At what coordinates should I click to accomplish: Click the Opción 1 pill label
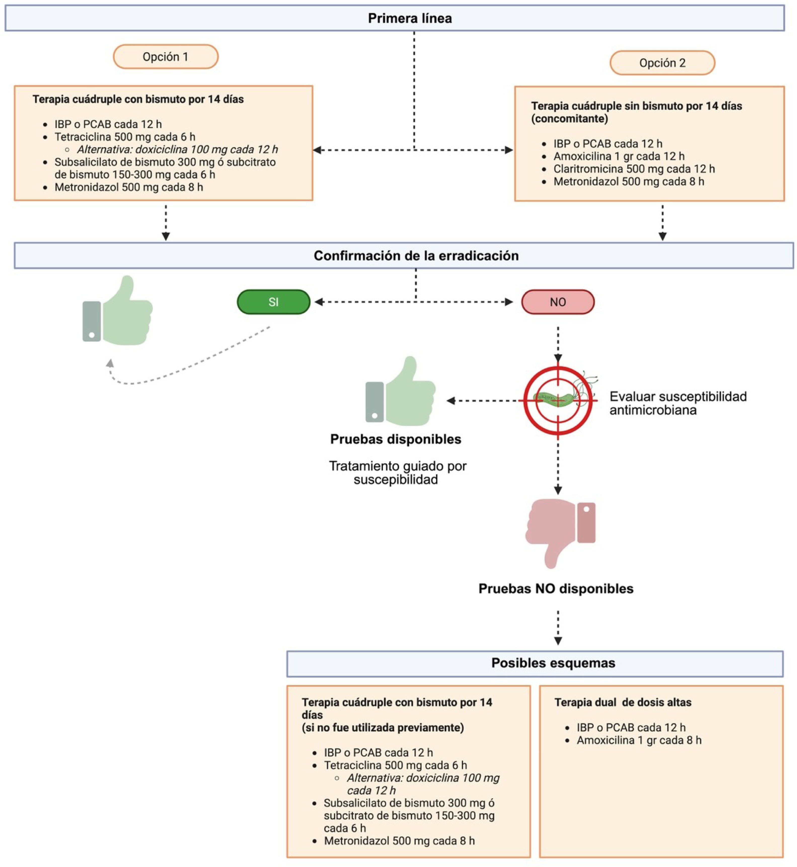(166, 57)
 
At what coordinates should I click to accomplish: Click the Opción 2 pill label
(662, 63)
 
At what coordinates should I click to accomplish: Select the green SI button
(274, 302)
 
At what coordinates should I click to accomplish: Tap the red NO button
(558, 302)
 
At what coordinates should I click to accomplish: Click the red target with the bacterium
(558, 400)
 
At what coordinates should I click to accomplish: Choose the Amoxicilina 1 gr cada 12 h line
(619, 156)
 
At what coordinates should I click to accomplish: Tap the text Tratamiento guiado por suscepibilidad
(397, 472)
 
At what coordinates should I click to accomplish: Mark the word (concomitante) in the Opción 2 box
(569, 119)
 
